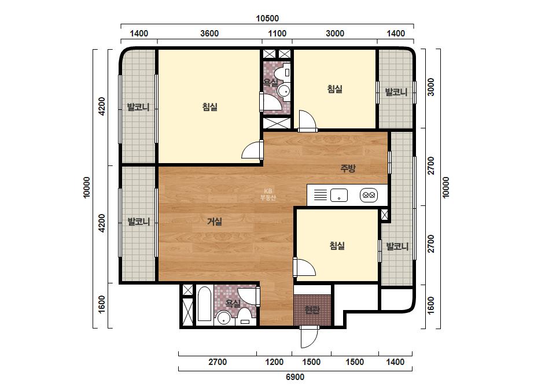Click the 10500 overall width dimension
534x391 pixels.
click(267, 18)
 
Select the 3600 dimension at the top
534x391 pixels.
click(209, 34)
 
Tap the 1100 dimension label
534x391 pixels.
click(277, 34)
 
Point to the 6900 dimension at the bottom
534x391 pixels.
click(295, 377)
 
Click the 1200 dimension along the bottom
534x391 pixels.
click(274, 362)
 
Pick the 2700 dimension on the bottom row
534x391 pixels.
click(218, 362)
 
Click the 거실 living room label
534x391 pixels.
click(215, 222)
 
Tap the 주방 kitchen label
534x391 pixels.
click(348, 168)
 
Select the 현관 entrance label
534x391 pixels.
click(312, 310)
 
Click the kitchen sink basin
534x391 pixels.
click(339, 195)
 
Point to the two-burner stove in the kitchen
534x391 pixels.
click(369, 195)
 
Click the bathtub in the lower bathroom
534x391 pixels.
click(204, 304)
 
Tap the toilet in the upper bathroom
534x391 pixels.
click(283, 72)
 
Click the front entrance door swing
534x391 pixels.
click(309, 337)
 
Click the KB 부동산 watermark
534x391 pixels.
click(268, 194)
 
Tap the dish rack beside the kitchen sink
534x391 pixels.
click(320, 195)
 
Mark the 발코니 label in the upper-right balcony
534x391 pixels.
click(396, 92)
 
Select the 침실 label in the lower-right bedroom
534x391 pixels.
click(337, 246)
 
